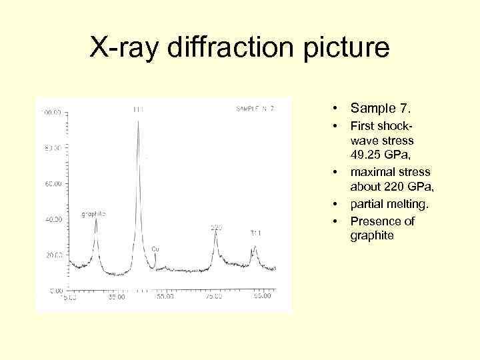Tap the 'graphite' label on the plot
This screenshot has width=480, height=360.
point(93,214)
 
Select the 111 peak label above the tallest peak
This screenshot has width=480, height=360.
point(138,109)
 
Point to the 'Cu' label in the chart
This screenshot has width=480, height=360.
point(155,248)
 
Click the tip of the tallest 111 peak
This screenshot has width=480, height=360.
point(138,121)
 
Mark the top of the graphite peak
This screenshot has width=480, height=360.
point(96,221)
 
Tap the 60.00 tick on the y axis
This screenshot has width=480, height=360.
point(53,184)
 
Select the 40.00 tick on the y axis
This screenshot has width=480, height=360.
point(53,219)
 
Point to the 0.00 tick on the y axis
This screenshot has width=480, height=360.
point(54,291)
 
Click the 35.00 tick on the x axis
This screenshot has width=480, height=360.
point(117,297)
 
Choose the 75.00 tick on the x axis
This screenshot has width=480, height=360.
point(213,297)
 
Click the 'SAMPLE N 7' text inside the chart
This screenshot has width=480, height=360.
point(254,108)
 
